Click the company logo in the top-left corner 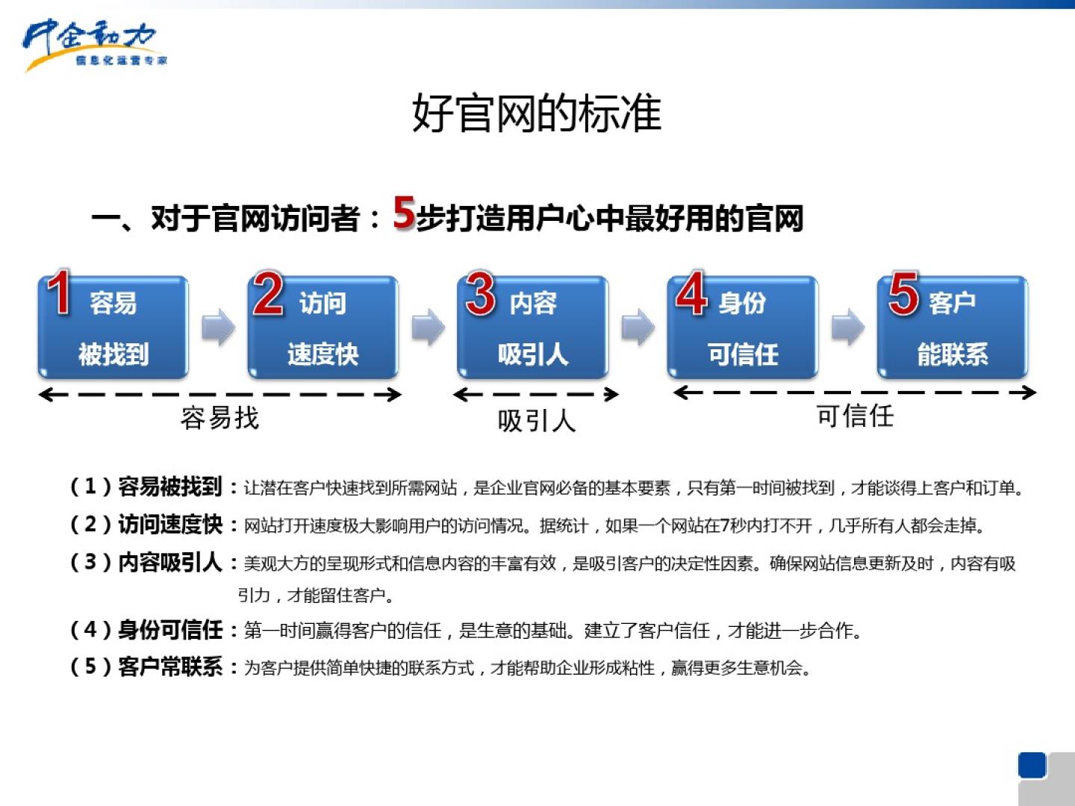coord(93,45)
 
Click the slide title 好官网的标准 coord(537,113)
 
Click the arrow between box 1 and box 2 coord(218,327)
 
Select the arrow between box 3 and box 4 coord(638,327)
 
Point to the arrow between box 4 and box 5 coord(847,327)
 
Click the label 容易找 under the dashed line coord(219,418)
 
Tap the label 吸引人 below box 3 coord(536,421)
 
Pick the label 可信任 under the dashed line coord(855,416)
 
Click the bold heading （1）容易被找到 coord(146,487)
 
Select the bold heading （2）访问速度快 coord(146,525)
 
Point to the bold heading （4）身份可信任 coord(146,630)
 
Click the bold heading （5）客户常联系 coord(146,666)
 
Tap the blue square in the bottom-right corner coord(1032,766)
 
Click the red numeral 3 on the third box coord(481,293)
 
